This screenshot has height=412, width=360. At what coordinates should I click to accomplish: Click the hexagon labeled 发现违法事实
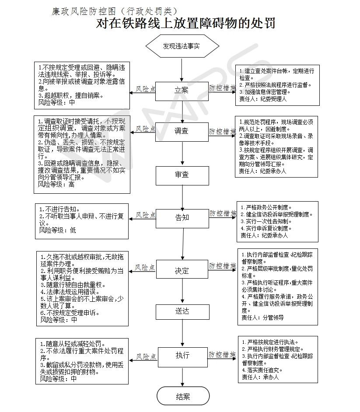(x=182, y=46)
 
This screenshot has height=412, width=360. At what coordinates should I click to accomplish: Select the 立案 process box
(x=182, y=91)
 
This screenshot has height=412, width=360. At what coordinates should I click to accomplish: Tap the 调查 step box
(x=182, y=132)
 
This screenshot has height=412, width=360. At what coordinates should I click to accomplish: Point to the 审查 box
(x=182, y=175)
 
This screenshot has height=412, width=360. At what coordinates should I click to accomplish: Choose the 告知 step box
(x=182, y=218)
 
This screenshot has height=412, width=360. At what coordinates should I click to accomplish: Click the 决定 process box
(x=182, y=269)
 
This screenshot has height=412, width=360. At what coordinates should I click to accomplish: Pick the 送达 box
(x=182, y=312)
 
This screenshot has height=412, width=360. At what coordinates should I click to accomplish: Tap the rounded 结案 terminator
(x=183, y=396)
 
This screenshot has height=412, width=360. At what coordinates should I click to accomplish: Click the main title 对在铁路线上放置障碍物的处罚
(x=185, y=23)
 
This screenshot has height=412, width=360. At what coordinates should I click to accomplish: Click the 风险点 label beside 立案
(x=146, y=89)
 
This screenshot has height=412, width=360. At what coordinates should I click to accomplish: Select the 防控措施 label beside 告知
(x=223, y=213)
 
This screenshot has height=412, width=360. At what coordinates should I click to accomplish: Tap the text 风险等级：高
(x=56, y=185)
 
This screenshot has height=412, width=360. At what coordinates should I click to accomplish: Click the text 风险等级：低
(x=58, y=230)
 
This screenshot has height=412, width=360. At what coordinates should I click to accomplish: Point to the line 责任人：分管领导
(x=263, y=318)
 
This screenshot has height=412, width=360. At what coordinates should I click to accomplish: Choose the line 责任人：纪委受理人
(x=263, y=99)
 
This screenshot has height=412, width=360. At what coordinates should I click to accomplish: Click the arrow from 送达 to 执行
(x=182, y=332)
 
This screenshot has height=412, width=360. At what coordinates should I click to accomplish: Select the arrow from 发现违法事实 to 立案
(x=182, y=70)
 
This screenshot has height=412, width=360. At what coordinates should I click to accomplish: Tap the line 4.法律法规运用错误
(x=70, y=292)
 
